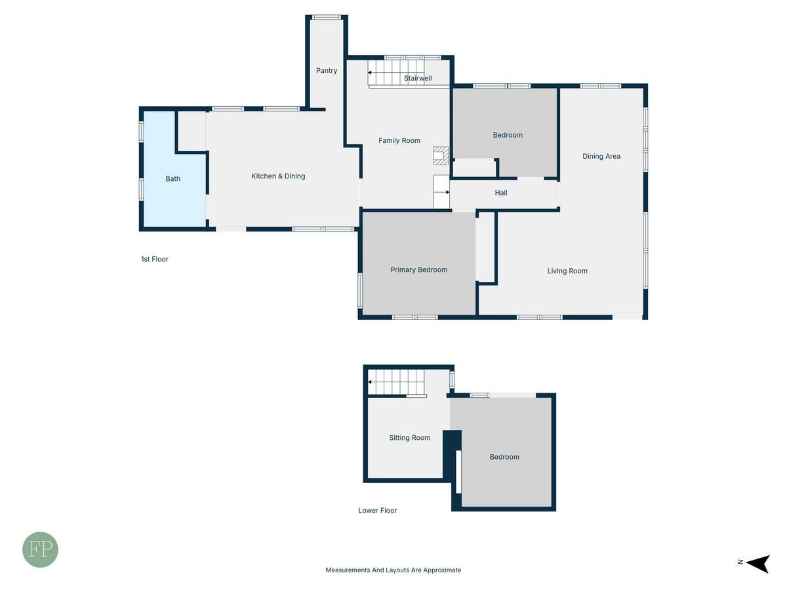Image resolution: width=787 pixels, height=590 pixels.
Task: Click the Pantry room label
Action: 326,71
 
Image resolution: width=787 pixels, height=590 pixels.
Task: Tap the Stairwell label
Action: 418,78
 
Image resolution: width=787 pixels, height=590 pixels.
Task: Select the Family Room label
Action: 399,140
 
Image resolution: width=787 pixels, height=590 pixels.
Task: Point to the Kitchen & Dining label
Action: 278,176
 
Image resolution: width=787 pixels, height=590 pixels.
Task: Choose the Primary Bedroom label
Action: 418,269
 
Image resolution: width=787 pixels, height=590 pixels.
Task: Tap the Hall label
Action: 501,193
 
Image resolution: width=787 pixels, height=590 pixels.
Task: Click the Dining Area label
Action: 601,156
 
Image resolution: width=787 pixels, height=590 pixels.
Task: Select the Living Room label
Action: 567,271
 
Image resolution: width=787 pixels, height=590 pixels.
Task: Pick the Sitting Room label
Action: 409,438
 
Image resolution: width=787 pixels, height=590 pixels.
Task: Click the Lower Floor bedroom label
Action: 504,457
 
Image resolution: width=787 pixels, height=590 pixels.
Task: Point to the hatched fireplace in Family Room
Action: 440,156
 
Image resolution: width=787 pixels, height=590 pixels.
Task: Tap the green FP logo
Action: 40,549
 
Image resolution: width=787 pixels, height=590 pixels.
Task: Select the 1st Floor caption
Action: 155,259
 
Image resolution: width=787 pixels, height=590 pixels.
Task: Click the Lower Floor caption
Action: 377,511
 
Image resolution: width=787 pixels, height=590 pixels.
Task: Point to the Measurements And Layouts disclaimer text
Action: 393,570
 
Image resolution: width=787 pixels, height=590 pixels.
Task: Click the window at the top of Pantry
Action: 326,17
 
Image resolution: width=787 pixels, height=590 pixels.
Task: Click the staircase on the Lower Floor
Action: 396,382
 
